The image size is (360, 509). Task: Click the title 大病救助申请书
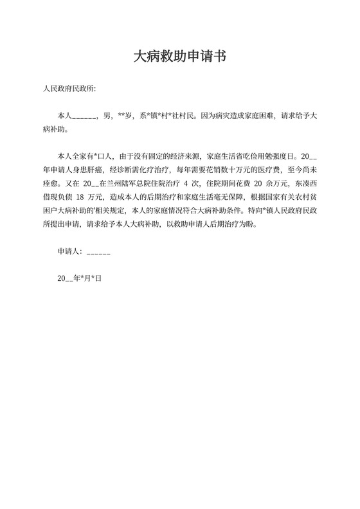179,57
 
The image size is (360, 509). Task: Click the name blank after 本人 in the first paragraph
83,117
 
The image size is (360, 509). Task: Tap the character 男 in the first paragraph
106,117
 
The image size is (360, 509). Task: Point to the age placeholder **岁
124,117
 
